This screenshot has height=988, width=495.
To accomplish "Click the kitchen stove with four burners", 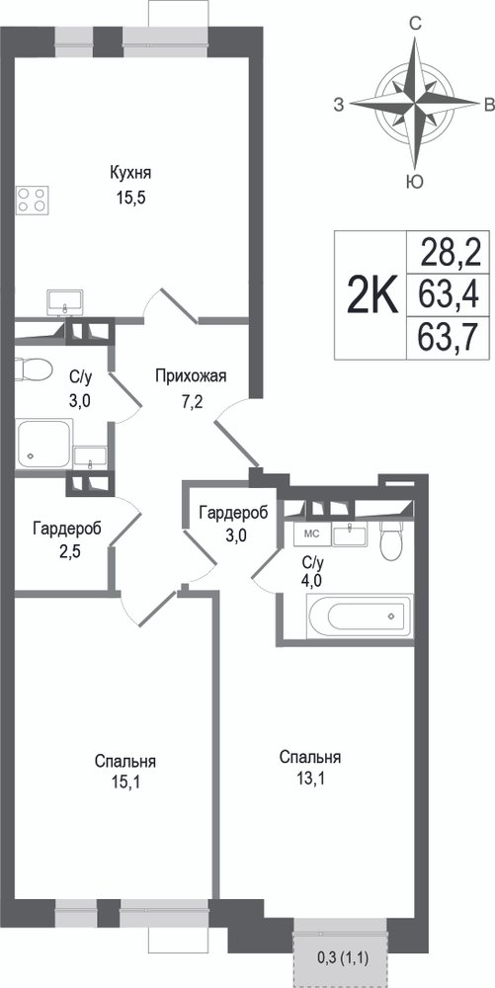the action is pyautogui.click(x=33, y=200).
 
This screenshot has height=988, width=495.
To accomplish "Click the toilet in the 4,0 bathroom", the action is pyautogui.click(x=391, y=539).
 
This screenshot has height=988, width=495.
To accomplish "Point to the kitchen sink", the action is pyautogui.click(x=65, y=301).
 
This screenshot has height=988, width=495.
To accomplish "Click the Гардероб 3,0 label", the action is pyautogui.click(x=233, y=521).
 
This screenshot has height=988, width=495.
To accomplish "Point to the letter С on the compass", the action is pyautogui.click(x=415, y=24).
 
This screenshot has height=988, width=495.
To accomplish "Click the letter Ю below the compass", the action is pyautogui.click(x=414, y=182).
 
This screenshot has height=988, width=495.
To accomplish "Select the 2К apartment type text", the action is pyautogui.click(x=372, y=294).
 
